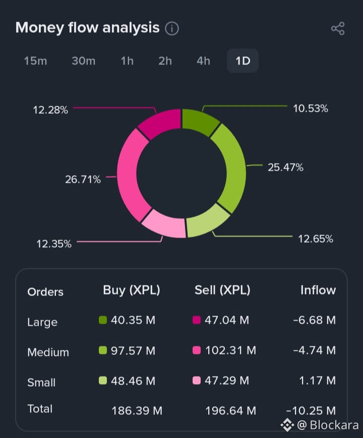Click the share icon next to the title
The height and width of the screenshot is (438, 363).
[x=337, y=29]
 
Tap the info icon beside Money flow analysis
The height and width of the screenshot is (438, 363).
[x=172, y=29]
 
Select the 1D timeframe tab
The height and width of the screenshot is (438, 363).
[x=243, y=61]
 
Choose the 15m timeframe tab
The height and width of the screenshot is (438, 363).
[x=35, y=61]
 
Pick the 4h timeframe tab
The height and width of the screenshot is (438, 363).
[x=203, y=61]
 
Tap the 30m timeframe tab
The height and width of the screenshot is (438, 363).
[x=83, y=61]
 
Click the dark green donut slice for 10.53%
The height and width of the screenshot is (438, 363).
[x=199, y=121]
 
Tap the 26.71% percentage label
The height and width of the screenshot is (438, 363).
[x=83, y=179]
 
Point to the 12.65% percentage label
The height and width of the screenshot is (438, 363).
[x=316, y=239]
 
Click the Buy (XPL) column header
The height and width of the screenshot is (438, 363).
[x=131, y=290]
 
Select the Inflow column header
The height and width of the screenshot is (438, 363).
[x=318, y=290]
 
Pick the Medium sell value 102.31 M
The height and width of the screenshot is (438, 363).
[x=230, y=350]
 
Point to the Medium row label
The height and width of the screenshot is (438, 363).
[x=48, y=352]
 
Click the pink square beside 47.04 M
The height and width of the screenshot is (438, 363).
[x=197, y=320]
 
